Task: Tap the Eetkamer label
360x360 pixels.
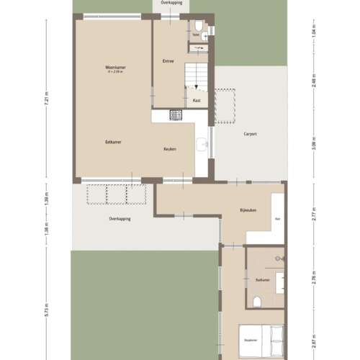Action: [x=113, y=142]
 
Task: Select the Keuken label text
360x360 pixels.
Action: [x=170, y=149]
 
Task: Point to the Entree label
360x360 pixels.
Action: [x=169, y=61]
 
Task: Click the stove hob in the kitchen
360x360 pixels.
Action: [x=176, y=114]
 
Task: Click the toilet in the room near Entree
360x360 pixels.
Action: [x=204, y=33]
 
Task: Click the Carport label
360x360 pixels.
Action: [x=251, y=134]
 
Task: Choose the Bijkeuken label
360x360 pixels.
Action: [x=248, y=210]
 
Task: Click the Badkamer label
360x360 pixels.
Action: [x=262, y=279]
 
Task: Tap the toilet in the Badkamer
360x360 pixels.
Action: [x=257, y=300]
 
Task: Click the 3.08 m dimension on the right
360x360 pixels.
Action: [x=315, y=148]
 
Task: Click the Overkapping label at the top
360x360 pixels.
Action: [x=171, y=3]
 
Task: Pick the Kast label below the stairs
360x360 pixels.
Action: [x=197, y=100]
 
